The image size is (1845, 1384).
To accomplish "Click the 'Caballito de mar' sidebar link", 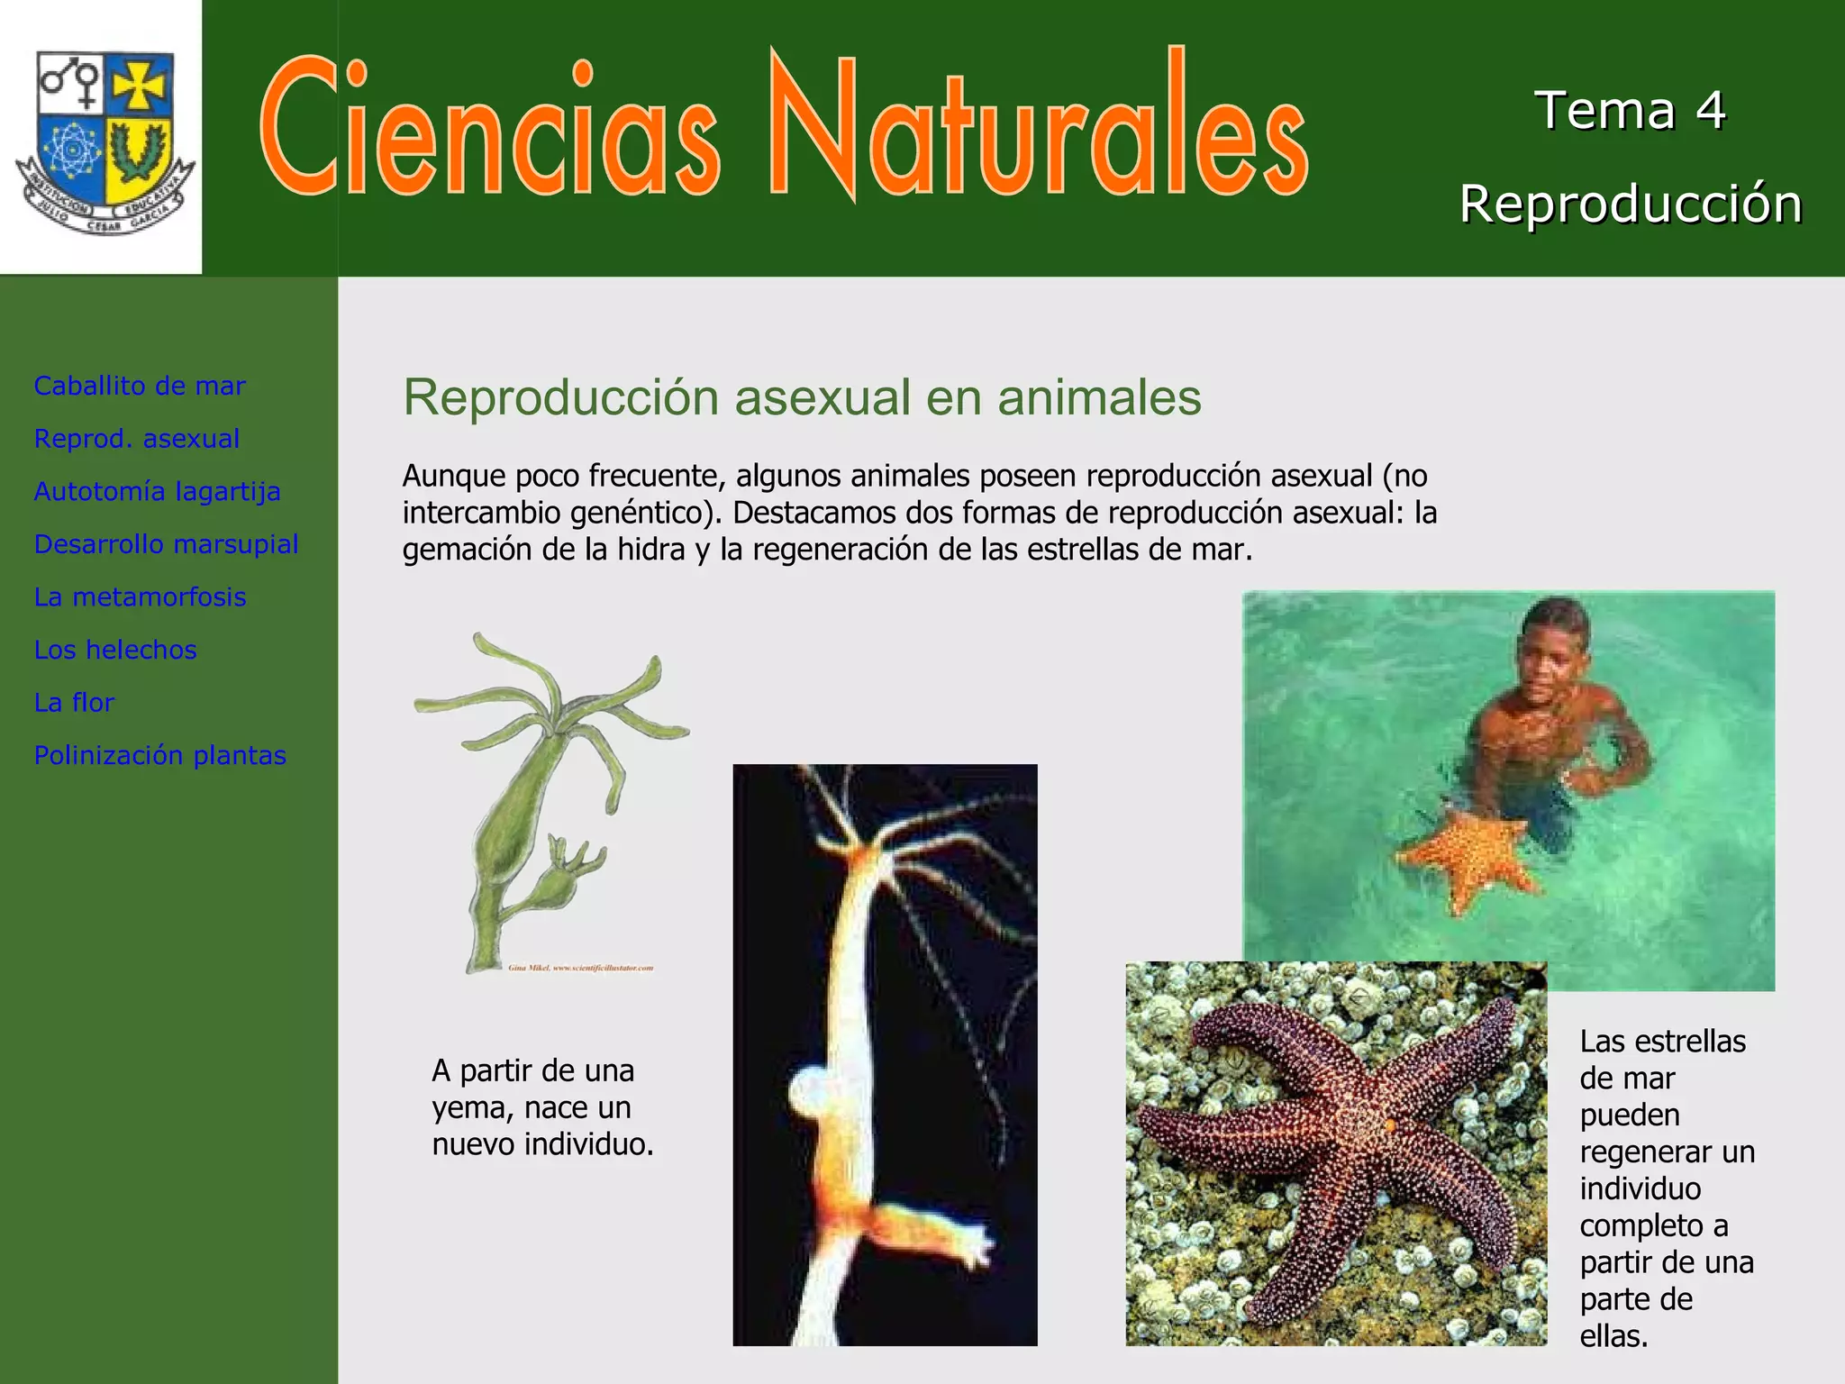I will [x=140, y=386].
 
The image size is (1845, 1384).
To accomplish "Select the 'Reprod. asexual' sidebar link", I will [x=137, y=439].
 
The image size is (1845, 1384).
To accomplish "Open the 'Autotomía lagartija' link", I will [x=158, y=491].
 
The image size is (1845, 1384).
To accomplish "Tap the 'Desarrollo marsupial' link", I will [x=166, y=544].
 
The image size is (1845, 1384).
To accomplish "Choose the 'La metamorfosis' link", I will [x=140, y=596].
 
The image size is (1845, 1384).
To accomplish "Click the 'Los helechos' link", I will [x=115, y=650].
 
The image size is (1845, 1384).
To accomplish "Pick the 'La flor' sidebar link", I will [x=74, y=702].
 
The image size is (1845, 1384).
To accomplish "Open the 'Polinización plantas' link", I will [x=160, y=755].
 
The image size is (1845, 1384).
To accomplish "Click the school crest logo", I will [x=104, y=140].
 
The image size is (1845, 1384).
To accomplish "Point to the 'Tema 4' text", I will [x=1630, y=111].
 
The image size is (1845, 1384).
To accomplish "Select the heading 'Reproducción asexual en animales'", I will [x=802, y=397].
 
